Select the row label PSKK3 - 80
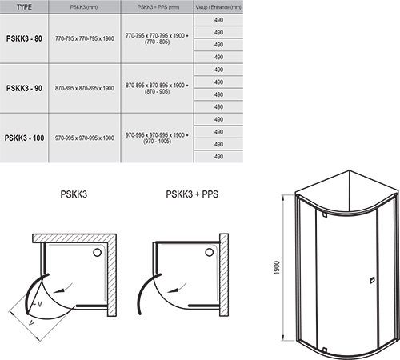tap(24, 38)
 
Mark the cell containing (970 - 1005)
tap(157, 142)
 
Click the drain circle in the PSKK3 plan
tap(98, 252)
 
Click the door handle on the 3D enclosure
tap(371, 280)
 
